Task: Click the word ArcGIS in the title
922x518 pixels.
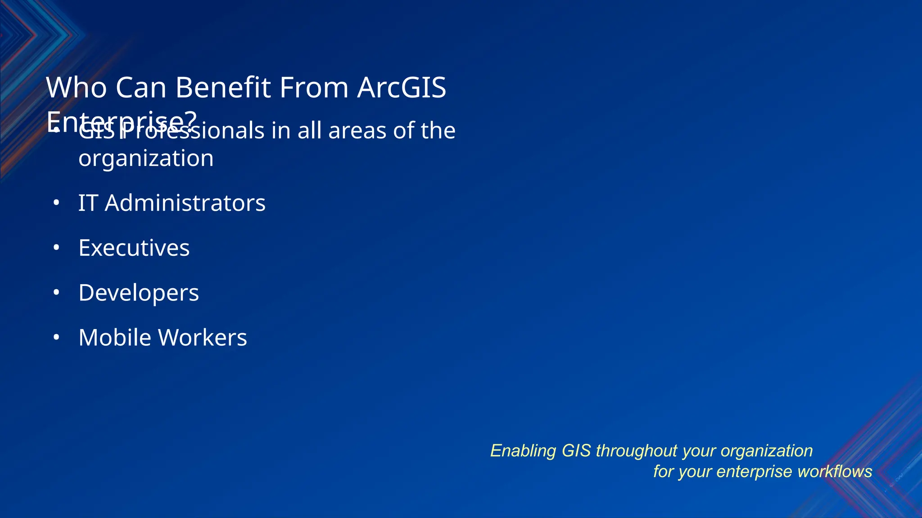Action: tap(401, 87)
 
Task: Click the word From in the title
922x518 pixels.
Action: tap(314, 87)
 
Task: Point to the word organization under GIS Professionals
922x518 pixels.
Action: tap(146, 159)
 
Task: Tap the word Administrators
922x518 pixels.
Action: tap(185, 203)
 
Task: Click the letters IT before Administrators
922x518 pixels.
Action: tap(88, 203)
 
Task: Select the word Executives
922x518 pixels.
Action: tap(134, 248)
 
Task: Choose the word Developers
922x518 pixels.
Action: tap(138, 293)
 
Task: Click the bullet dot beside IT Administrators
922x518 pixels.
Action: tap(56, 203)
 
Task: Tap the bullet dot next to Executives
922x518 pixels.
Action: tap(56, 248)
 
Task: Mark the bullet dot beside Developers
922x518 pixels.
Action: tap(56, 293)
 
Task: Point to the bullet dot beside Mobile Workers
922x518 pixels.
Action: tap(56, 337)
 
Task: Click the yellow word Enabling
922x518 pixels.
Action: tap(523, 451)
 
